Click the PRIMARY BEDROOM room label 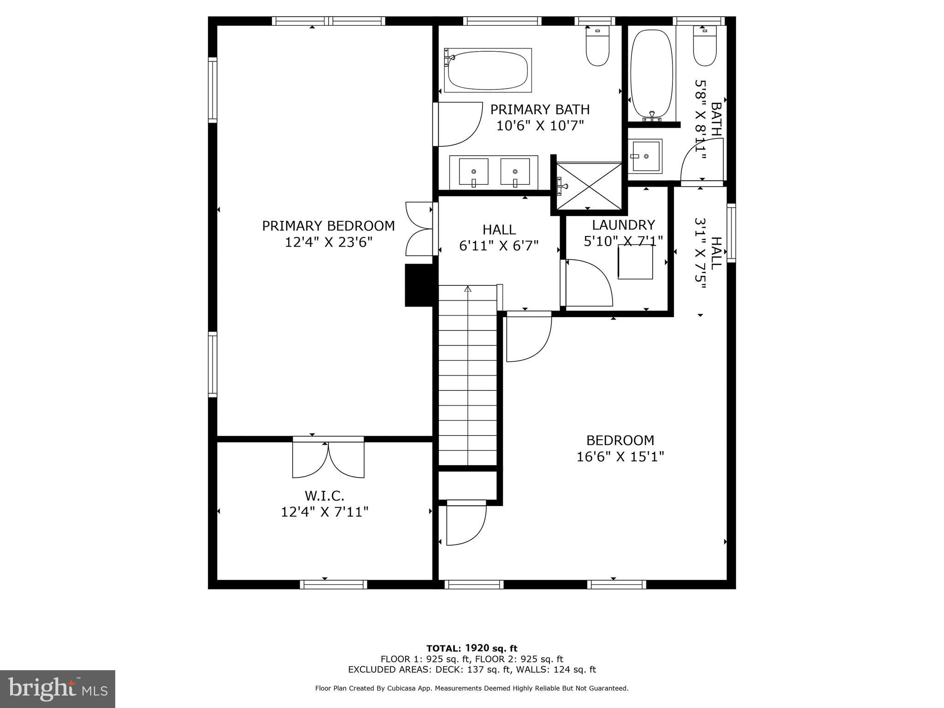coord(328,226)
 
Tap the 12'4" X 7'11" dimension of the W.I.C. coord(324,512)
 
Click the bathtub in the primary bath coord(488,71)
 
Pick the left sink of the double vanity coord(473,172)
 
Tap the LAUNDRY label coord(623,225)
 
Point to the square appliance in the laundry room coord(635,262)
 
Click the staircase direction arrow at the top coord(468,289)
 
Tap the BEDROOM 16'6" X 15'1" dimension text coord(620,457)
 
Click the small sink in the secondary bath coord(645,156)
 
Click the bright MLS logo coord(58,689)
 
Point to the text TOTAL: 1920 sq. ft coord(472,649)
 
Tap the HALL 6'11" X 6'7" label coord(499,237)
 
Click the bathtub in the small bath coord(651,74)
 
